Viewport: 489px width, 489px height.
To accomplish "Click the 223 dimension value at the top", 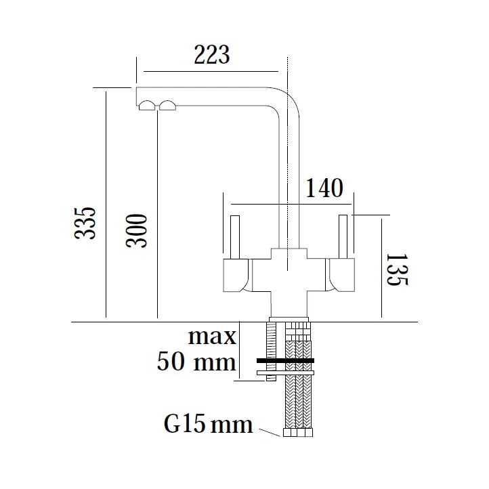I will pyautogui.click(x=211, y=54).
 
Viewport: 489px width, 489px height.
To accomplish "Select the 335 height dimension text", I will pyautogui.click(x=85, y=223).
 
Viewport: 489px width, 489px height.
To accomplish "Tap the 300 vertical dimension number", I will pyautogui.click(x=137, y=231).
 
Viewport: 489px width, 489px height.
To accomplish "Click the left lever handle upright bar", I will pyautogui.click(x=234, y=238).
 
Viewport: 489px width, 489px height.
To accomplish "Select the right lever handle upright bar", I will pyautogui.click(x=343, y=236).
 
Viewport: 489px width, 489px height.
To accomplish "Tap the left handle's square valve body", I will pyautogui.click(x=236, y=277).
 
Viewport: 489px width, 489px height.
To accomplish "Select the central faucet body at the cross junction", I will pyautogui.click(x=289, y=274).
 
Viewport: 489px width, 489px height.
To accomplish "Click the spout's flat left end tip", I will pyautogui.click(x=137, y=95).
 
